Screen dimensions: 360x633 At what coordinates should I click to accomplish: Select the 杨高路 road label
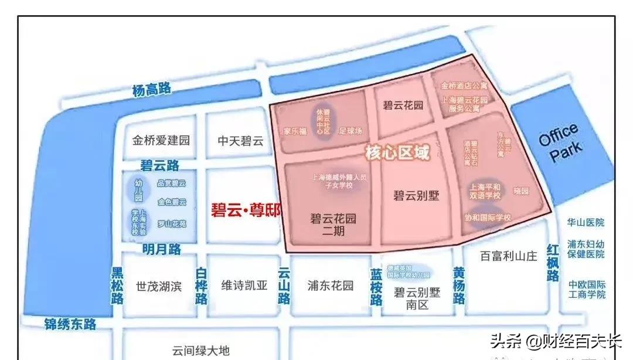pos(151,90)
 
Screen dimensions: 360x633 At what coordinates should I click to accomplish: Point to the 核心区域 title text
pos(397,154)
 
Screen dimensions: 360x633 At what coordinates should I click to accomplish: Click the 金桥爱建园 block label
pos(161,141)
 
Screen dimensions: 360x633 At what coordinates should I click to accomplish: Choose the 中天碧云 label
pos(241,141)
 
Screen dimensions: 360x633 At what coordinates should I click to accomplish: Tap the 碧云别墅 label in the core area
pos(416,195)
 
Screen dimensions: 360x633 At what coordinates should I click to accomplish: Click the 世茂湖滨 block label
pos(159,286)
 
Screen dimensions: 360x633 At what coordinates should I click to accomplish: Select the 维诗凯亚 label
pos(244,286)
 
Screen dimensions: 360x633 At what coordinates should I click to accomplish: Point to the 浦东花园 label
pos(331,286)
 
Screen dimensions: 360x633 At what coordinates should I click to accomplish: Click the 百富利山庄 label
pos(508,256)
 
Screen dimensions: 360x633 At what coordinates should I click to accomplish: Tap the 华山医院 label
pos(586,223)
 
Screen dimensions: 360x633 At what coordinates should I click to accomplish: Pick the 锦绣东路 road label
pos(70,323)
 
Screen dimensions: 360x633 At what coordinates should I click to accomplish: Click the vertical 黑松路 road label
pos(118,286)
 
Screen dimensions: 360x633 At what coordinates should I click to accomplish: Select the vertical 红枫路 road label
pos(553,263)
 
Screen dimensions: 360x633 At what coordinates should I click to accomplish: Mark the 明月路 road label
pos(161,249)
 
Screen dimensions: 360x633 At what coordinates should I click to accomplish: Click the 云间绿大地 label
pos(200,351)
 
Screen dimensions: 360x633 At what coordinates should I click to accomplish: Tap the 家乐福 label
pos(295,131)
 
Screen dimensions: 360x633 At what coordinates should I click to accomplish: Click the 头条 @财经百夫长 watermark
pos(555,341)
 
